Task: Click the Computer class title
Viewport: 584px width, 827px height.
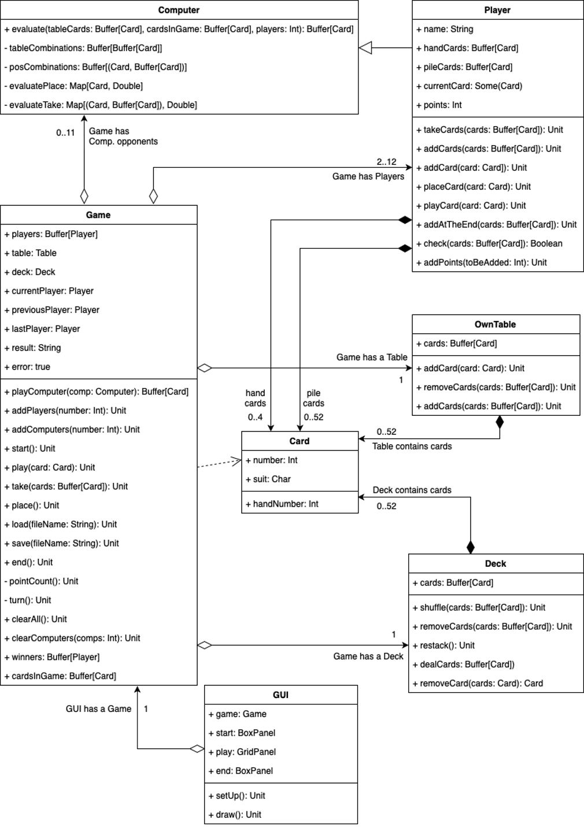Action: click(x=179, y=10)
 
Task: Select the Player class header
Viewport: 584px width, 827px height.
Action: click(x=497, y=10)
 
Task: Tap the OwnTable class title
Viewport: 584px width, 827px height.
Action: click(x=495, y=324)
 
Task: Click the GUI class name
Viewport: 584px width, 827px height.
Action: click(x=280, y=695)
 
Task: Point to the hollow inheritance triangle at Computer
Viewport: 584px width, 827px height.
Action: click(x=365, y=48)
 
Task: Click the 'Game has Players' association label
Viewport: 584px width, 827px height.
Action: click(x=368, y=176)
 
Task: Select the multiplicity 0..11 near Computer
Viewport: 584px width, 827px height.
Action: click(x=65, y=133)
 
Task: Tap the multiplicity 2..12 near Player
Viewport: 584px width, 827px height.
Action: click(x=386, y=162)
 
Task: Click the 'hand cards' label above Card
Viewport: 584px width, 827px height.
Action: click(x=255, y=398)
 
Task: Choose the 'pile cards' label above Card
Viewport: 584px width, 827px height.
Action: click(x=313, y=398)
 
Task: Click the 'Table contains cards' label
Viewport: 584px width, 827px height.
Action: click(x=412, y=446)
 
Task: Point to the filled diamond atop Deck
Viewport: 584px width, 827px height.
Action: click(x=471, y=547)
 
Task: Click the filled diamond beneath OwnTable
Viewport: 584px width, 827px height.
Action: click(x=500, y=423)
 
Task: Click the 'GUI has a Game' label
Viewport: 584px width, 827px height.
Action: click(x=98, y=709)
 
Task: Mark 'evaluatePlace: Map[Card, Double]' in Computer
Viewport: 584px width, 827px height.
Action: click(x=76, y=86)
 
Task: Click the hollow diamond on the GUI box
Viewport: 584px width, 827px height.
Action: click(x=197, y=749)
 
